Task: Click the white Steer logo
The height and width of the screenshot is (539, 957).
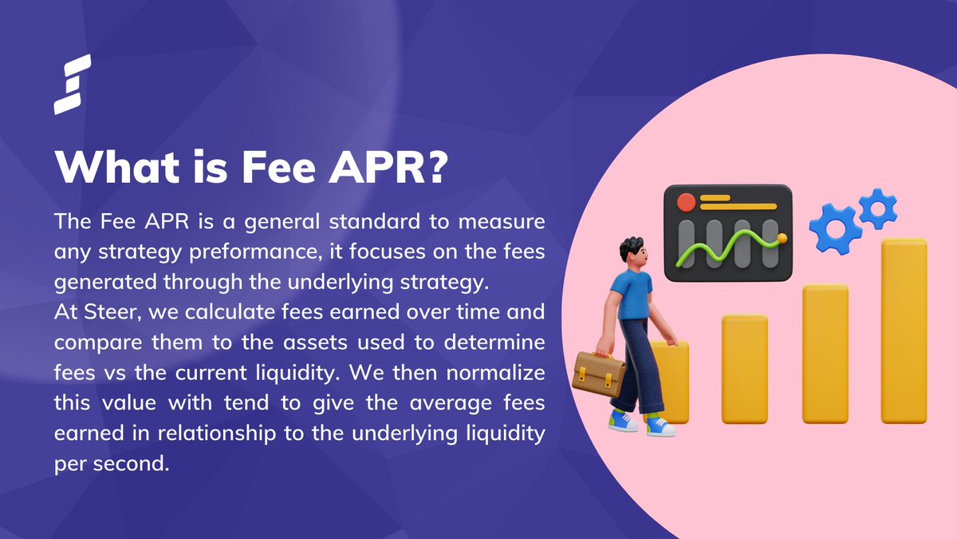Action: pos(73,84)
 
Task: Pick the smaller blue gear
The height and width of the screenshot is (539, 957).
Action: pos(877,208)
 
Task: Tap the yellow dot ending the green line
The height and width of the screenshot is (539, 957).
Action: pos(782,237)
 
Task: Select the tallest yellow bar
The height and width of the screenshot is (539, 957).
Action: pos(904,331)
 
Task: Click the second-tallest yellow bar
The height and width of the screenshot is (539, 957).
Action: pos(825,353)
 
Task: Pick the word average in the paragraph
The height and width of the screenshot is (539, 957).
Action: pos(447,402)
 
